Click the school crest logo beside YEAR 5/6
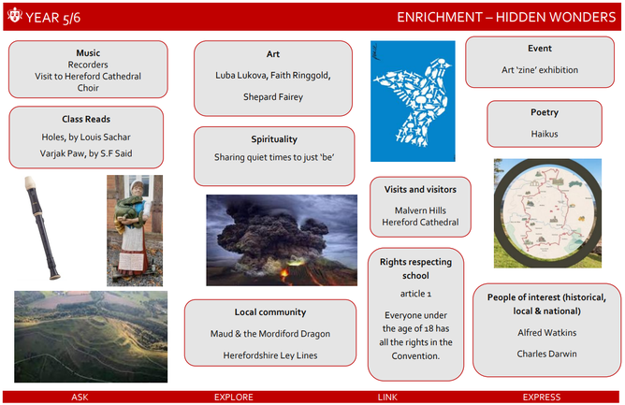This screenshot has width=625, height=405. [15, 15]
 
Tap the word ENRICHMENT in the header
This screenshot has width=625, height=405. [440, 17]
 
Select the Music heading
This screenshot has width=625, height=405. [88, 53]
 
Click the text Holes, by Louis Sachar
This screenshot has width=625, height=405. [86, 137]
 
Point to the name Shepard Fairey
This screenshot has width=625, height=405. [273, 97]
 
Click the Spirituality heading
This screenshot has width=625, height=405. [274, 139]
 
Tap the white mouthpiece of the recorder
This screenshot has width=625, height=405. [31, 182]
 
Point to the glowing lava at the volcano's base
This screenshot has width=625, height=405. [284, 274]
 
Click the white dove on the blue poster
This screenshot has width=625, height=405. [413, 102]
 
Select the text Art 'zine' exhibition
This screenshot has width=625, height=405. [540, 70]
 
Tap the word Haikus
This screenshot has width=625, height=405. [545, 134]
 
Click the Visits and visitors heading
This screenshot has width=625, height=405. [420, 189]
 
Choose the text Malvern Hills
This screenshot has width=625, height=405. [420, 210]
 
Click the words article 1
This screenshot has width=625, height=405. [415, 294]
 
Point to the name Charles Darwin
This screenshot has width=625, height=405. [546, 354]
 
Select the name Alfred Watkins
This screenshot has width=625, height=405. [546, 332]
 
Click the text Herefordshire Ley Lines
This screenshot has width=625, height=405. [270, 355]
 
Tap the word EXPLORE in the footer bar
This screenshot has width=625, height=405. [234, 397]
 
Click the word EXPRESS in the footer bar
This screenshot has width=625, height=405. [542, 397]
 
